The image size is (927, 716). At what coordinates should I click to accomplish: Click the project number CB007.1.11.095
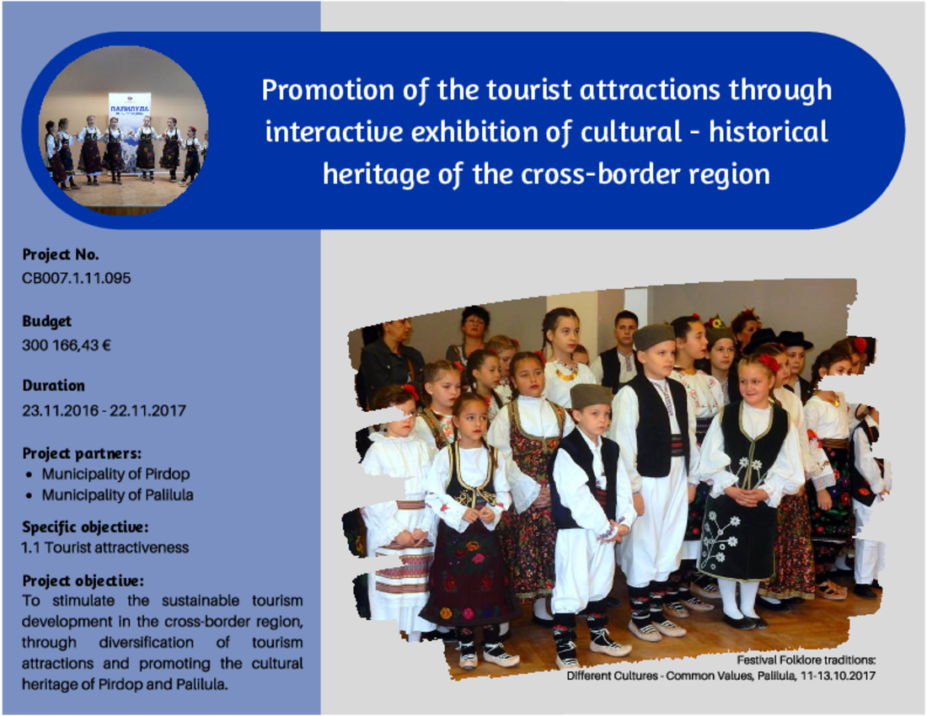(76, 278)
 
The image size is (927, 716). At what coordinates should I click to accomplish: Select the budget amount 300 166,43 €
(67, 345)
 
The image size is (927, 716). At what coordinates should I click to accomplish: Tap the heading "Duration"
(54, 386)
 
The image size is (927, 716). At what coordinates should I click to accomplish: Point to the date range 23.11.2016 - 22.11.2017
(104, 410)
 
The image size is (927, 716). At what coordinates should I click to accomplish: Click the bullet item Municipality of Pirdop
(116, 474)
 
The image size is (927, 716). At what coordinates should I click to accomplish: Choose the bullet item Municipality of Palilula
(118, 495)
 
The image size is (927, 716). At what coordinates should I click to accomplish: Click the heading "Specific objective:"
(85, 527)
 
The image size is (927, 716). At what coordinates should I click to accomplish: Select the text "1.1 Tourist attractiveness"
(105, 548)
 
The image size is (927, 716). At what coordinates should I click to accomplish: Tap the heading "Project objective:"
(83, 580)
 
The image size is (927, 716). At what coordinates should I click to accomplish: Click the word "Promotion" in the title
(328, 90)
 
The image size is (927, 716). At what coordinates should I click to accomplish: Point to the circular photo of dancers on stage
(124, 130)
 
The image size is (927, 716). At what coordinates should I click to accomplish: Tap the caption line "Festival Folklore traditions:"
(806, 660)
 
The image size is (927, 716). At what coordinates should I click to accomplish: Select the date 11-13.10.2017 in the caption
(838, 676)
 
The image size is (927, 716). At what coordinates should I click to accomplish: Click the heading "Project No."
(61, 254)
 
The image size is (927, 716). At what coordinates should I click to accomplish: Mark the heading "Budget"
(46, 322)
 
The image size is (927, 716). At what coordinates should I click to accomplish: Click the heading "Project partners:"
(82, 454)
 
